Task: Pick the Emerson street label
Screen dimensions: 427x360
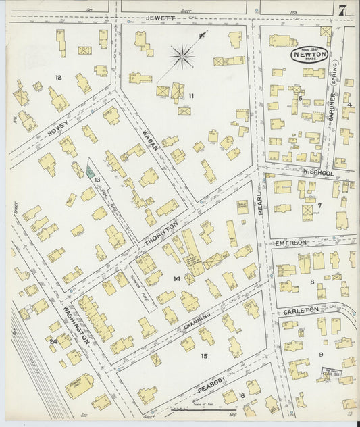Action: coord(290,241)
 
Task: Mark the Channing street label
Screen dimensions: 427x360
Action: coord(199,324)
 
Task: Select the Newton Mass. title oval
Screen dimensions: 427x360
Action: coord(311,55)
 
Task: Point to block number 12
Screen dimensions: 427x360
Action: coord(58,77)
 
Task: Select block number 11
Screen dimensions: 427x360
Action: coord(191,96)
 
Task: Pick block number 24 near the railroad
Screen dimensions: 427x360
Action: coord(52,342)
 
